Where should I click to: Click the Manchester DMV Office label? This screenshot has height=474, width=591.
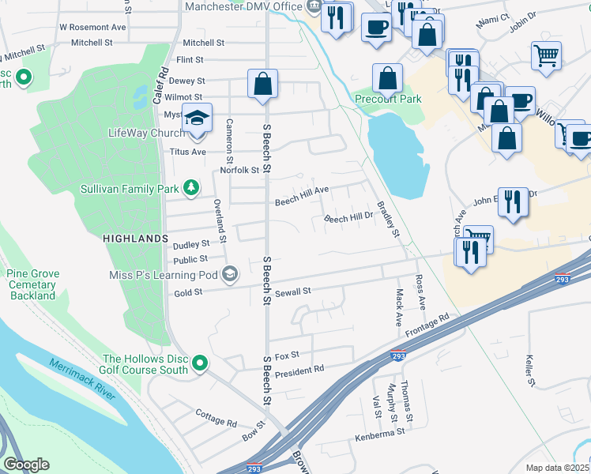coord(244,7)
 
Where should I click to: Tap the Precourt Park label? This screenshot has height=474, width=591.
coord(387,99)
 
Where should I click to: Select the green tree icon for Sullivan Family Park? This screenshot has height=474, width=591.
coord(190,188)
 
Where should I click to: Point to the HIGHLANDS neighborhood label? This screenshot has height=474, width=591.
coord(135,238)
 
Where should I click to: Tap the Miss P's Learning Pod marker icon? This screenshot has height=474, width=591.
coord(230,274)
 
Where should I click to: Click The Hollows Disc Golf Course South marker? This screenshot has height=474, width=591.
coord(201,363)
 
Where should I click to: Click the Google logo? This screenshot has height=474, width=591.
coord(26,465)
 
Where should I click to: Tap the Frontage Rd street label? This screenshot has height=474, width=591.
coord(427,325)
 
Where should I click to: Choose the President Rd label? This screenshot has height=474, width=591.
coord(299,369)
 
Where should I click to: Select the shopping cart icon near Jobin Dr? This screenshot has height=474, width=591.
coord(546,56)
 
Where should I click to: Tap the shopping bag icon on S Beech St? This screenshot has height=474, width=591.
coord(262,84)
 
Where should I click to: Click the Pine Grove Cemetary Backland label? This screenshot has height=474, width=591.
coord(32,284)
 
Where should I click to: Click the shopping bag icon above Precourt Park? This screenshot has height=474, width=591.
coord(387,77)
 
